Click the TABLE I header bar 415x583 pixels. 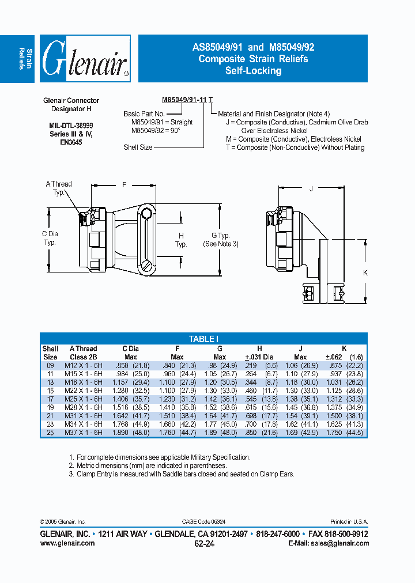click(203, 339)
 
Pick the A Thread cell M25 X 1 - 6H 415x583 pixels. click(83, 398)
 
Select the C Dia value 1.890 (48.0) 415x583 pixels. click(130, 432)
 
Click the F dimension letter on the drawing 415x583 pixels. click(123, 185)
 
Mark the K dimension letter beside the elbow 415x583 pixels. click(365, 273)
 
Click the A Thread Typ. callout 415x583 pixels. click(59, 188)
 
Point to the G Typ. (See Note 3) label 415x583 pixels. click(220, 240)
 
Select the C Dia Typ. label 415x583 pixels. click(50, 238)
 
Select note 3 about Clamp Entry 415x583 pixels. click(181, 474)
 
